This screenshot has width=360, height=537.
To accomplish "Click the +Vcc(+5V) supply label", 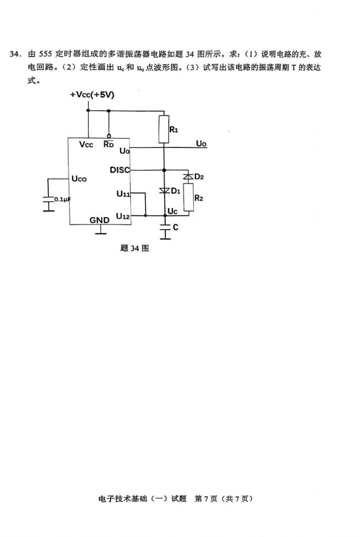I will tap(92, 95).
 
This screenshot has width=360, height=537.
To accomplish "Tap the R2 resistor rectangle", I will tap(188, 198).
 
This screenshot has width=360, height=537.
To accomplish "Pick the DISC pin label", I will tap(119, 170).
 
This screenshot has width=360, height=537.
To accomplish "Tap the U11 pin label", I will tap(123, 194).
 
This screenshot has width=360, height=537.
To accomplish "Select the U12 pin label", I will tap(123, 216).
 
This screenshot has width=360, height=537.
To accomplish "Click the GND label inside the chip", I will tap(100, 220).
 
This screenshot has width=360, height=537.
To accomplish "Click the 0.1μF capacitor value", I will tap(62, 199).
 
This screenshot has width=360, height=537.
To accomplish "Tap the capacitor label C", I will tap(176, 228).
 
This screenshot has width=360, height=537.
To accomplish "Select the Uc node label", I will tap(172, 211).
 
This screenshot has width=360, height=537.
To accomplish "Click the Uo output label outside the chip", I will tap(201, 143).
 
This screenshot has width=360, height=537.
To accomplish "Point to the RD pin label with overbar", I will tap(108, 144).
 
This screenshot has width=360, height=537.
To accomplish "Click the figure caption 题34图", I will tap(135, 249).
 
